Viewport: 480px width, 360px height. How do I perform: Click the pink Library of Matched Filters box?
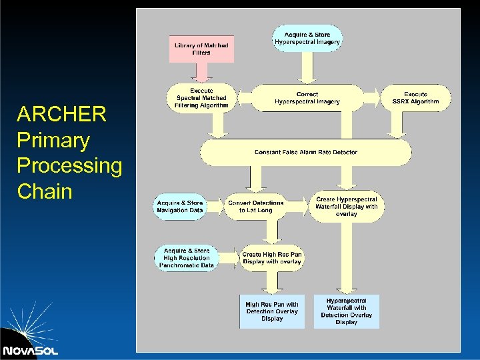click(x=201, y=49)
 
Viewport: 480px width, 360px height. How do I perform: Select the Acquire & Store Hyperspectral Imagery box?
click(x=307, y=38)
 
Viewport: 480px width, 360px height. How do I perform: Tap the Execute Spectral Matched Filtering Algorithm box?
click(x=201, y=98)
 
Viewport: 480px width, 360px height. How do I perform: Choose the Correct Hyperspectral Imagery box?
click(x=307, y=98)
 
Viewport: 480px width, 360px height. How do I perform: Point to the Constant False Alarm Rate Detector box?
click(x=305, y=152)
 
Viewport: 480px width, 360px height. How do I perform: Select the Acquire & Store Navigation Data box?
click(x=180, y=207)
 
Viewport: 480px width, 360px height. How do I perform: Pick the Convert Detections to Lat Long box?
click(x=256, y=207)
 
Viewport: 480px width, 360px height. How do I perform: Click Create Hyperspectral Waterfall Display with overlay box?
click(x=346, y=207)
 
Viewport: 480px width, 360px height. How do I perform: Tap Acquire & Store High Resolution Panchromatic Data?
click(x=187, y=258)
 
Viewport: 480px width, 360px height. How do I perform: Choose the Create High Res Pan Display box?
click(x=271, y=258)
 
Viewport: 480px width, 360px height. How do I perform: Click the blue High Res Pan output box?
click(x=272, y=311)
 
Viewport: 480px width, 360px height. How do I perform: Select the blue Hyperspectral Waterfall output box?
click(x=346, y=311)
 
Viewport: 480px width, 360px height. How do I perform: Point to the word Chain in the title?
click(x=44, y=191)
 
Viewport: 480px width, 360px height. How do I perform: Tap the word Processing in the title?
click(x=69, y=166)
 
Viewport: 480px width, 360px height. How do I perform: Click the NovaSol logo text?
click(x=30, y=350)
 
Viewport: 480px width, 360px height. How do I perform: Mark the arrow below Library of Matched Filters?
click(x=201, y=73)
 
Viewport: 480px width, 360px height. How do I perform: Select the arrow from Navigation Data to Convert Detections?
click(x=214, y=207)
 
